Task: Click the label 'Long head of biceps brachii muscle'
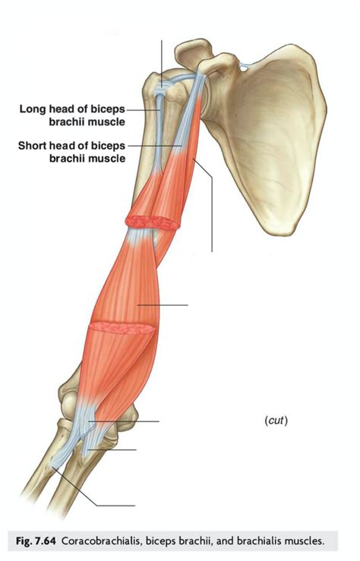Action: point(72,115)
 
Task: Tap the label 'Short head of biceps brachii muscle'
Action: point(72,152)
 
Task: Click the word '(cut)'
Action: point(276,421)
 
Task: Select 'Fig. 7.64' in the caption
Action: point(36,541)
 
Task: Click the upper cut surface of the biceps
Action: point(153,222)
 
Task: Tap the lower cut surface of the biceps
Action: point(122,328)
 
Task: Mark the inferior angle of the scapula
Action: point(282,229)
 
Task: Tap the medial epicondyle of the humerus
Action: point(130,417)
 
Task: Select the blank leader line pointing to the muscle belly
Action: point(163,305)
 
